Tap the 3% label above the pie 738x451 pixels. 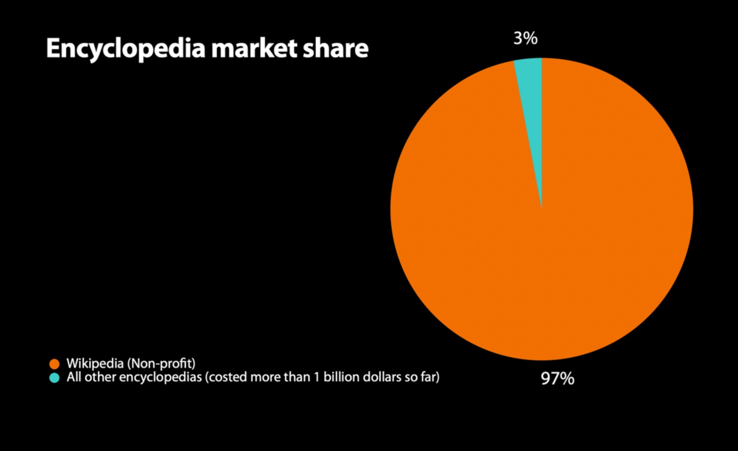click(x=525, y=38)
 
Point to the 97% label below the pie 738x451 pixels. click(x=558, y=378)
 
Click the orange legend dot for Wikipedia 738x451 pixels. click(x=54, y=364)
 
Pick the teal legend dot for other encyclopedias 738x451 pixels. click(x=54, y=378)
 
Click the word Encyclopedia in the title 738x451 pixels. click(x=126, y=49)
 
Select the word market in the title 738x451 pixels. click(x=254, y=48)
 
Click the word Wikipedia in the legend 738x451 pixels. click(x=95, y=363)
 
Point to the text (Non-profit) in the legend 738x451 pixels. click(x=161, y=363)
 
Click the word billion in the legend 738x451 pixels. click(x=342, y=377)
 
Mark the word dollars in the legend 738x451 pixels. click(x=382, y=377)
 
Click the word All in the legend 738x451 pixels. click(x=74, y=377)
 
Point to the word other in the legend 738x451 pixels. click(x=100, y=377)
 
